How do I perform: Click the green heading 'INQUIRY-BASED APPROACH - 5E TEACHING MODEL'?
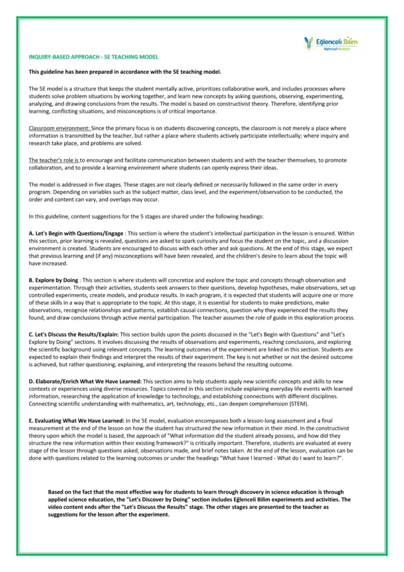[x=93, y=57]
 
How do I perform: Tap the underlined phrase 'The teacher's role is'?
[x=54, y=160]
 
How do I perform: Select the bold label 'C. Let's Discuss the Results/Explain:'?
[x=74, y=334]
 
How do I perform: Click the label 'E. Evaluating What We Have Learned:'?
[x=76, y=420]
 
